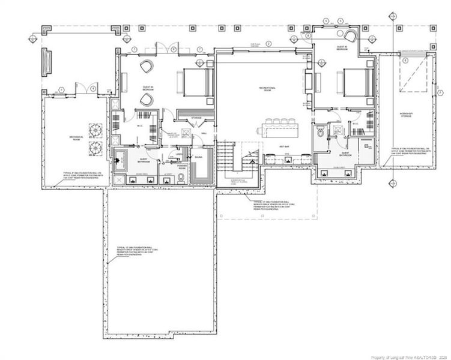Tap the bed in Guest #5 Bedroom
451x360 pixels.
pos(356,82)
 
